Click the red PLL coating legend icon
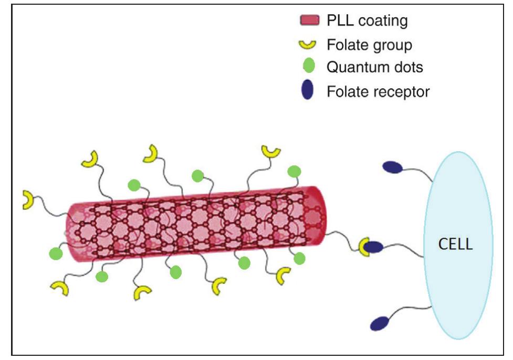(309, 21)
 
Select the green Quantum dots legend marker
(309, 67)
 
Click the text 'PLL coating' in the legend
(367, 21)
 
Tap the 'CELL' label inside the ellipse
(455, 244)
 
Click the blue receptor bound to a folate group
(373, 247)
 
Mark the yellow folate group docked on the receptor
(363, 247)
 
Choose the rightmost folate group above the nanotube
(271, 152)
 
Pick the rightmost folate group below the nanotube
(284, 276)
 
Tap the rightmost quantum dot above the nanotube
(295, 172)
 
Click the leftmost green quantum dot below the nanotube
(55, 253)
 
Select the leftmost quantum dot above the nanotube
(134, 185)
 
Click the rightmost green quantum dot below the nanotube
(299, 258)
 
